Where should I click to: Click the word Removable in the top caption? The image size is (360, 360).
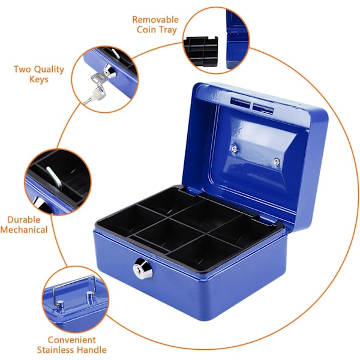[155, 20]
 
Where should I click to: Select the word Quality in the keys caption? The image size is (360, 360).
[48, 70]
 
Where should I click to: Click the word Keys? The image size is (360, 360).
[39, 79]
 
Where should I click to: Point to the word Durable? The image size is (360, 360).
[24, 220]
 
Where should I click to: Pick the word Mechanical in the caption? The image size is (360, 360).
[24, 230]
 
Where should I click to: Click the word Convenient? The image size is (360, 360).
[71, 340]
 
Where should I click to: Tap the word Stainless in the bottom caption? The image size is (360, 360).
[55, 350]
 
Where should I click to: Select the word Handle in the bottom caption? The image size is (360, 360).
[91, 350]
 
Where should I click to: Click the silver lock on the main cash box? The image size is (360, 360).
[143, 269]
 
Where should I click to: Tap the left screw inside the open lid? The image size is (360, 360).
[234, 149]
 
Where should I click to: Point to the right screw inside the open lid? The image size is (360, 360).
[277, 162]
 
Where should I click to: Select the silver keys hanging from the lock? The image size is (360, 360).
[96, 88]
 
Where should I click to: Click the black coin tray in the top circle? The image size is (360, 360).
[200, 51]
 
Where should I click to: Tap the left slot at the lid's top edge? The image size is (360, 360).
[241, 103]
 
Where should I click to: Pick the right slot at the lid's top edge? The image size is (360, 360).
[263, 108]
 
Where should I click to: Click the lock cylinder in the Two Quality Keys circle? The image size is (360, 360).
[110, 71]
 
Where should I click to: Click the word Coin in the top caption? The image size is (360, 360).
[146, 30]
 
